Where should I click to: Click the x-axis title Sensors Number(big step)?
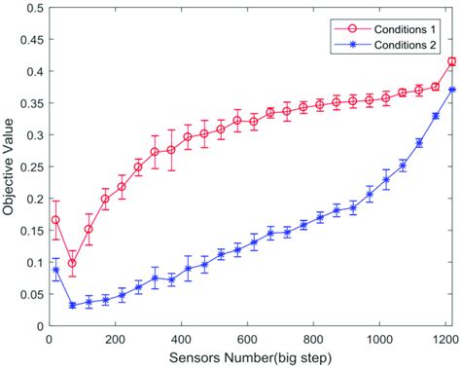point(251,358)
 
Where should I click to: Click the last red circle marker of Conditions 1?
point(451,62)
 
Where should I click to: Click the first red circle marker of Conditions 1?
point(55,220)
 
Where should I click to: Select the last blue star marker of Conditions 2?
point(451,91)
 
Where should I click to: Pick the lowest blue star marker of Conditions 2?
point(72,306)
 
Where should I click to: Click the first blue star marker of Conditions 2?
point(55,271)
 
